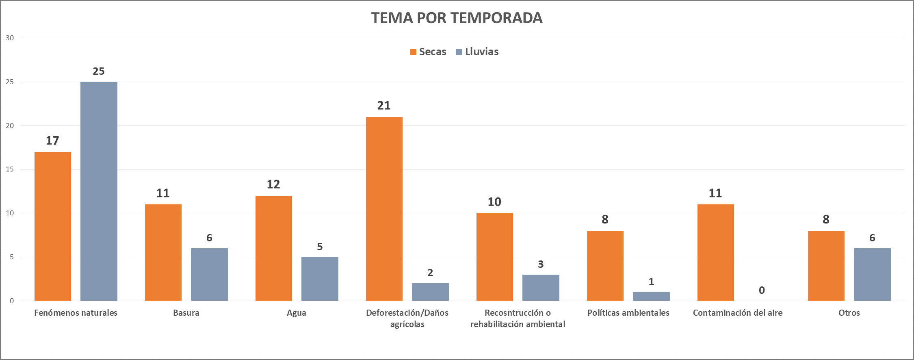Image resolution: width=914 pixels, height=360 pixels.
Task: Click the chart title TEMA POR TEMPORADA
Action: click(457, 18)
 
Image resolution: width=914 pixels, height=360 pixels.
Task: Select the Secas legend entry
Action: click(428, 52)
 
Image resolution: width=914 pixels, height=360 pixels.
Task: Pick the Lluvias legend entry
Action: click(477, 52)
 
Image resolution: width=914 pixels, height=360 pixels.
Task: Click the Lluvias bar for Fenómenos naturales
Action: click(99, 191)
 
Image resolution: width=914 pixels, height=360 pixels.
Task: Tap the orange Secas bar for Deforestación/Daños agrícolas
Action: click(384, 209)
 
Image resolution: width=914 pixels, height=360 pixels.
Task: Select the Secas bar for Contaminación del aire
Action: click(716, 252)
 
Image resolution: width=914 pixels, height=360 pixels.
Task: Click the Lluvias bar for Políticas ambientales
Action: click(651, 296)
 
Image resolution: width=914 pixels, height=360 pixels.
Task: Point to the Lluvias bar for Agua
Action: click(320, 279)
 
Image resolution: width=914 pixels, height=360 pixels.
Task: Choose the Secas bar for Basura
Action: click(163, 252)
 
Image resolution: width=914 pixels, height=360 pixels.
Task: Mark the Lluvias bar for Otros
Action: click(872, 274)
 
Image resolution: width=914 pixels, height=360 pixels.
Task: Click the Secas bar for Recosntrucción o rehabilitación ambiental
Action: click(495, 257)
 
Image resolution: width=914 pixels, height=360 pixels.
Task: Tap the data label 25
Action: click(99, 71)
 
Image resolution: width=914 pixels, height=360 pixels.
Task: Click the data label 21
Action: click(384, 106)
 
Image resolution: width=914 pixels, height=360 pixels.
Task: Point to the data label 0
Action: click(762, 290)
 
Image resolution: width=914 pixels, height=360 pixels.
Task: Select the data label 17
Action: click(52, 141)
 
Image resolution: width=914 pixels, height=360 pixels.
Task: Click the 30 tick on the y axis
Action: click(10, 38)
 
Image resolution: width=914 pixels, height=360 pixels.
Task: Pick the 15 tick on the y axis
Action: click(10, 169)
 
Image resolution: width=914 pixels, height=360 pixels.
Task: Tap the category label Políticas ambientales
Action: click(628, 313)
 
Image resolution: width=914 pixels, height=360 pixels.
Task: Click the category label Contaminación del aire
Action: click(738, 313)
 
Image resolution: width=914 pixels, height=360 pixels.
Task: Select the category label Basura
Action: click(186, 313)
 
